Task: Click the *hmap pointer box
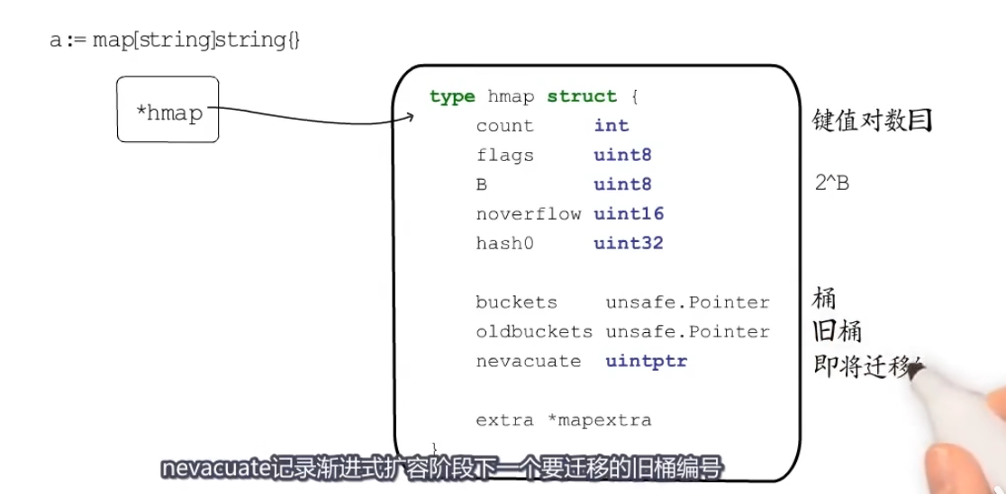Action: (168, 110)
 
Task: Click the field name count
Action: (504, 126)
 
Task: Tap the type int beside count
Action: (612, 126)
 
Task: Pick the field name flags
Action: (504, 156)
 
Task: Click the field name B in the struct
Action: (482, 185)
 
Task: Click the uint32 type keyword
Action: (629, 244)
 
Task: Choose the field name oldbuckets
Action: (534, 332)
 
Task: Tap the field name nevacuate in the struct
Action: (529, 362)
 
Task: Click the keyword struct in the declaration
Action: (582, 96)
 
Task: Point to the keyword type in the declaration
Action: (452, 96)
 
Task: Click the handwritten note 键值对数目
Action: (872, 121)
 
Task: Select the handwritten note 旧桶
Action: (838, 332)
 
